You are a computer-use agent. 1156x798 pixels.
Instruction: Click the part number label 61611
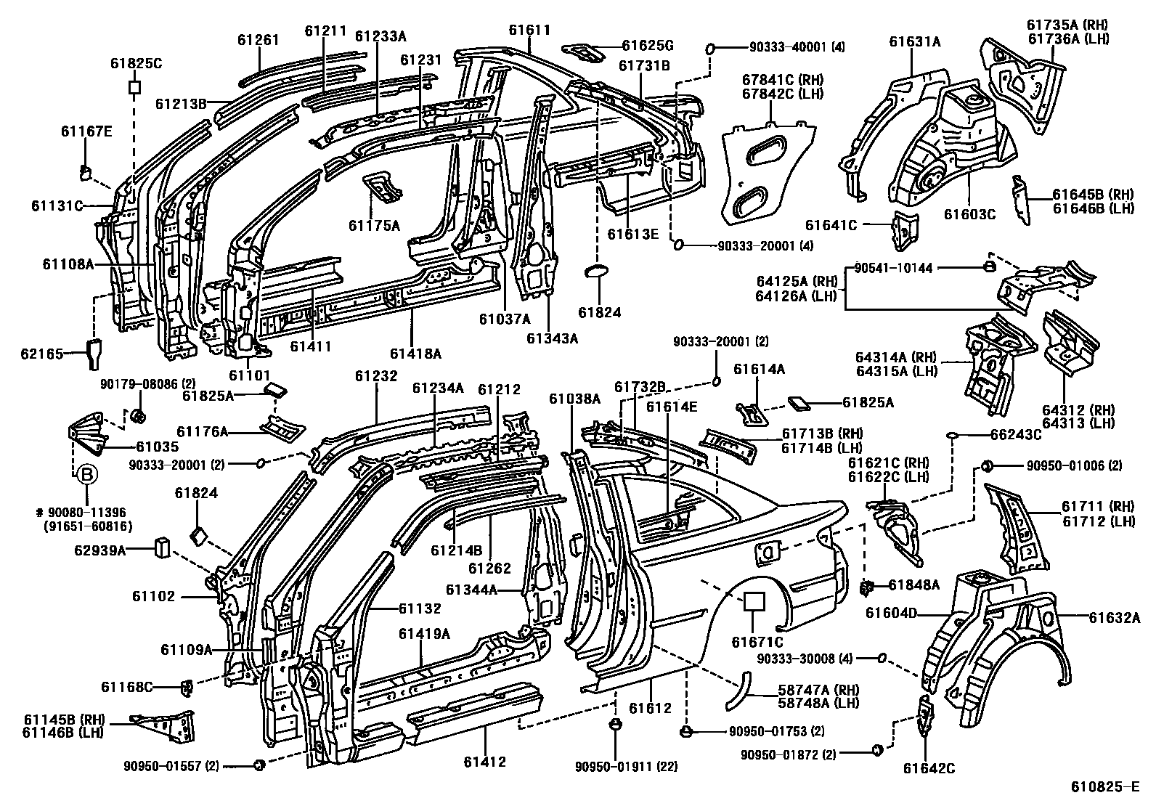point(529,30)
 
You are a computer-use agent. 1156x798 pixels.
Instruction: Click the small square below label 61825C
point(134,87)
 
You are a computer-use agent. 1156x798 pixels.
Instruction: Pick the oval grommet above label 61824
point(597,272)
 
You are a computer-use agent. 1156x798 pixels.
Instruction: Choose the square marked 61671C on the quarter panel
point(754,601)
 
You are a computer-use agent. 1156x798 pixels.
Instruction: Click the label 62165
point(42,354)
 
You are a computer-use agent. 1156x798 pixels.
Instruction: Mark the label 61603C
point(969,214)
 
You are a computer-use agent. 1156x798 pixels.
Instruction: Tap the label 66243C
point(1016,435)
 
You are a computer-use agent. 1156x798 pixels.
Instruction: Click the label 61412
point(484,762)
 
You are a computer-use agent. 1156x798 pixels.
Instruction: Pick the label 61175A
point(375,225)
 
